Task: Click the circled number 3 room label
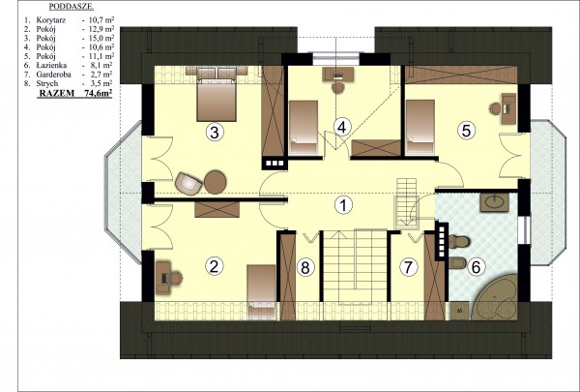coord(215,133)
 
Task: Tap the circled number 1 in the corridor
coord(343,205)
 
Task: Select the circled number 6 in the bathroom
coord(476,267)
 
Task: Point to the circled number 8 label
coord(305,267)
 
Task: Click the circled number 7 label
coord(408,267)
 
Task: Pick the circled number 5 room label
coord(466,131)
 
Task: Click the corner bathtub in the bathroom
coord(495,297)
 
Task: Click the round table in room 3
coord(216,182)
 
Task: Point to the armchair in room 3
coord(189,183)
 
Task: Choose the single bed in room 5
coord(420,127)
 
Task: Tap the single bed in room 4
coord(304,127)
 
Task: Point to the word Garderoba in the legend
coord(53,75)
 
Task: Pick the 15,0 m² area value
coord(99,38)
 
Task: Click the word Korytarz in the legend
coord(50,20)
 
